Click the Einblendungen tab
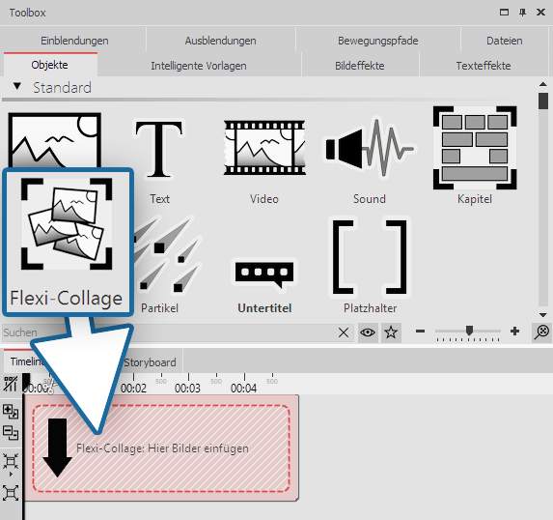click(x=74, y=41)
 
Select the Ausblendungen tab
click(x=220, y=41)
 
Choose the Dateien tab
click(x=505, y=41)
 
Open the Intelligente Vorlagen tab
click(x=199, y=66)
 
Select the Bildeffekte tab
click(x=360, y=66)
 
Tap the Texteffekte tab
click(x=484, y=66)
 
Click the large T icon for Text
click(x=159, y=150)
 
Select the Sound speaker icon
click(x=369, y=150)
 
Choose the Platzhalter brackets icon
click(x=371, y=256)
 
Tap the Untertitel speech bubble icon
click(x=263, y=274)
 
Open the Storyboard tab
click(x=150, y=362)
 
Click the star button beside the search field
click(x=391, y=332)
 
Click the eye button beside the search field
click(x=367, y=332)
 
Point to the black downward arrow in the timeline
click(x=57, y=448)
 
